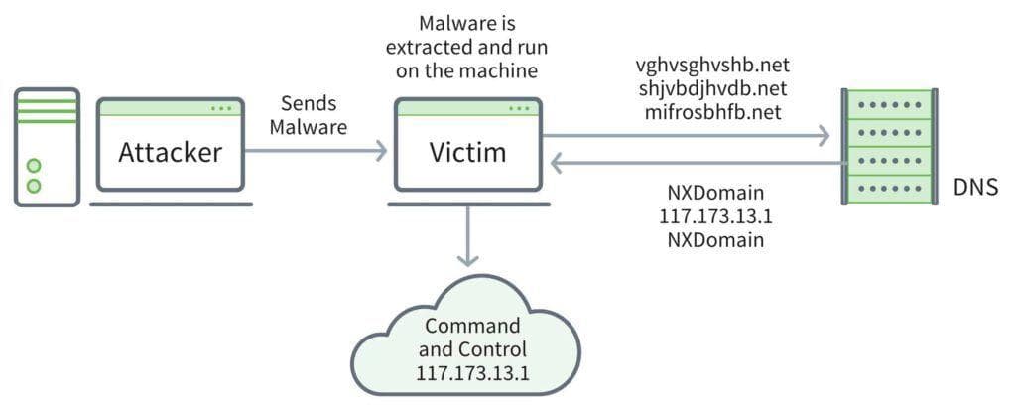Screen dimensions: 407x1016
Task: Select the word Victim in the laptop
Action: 466,153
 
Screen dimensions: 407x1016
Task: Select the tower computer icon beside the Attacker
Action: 47,146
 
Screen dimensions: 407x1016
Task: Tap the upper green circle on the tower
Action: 35,165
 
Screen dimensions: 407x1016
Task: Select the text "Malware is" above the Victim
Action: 468,22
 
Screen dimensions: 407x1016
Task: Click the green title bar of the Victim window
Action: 466,107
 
